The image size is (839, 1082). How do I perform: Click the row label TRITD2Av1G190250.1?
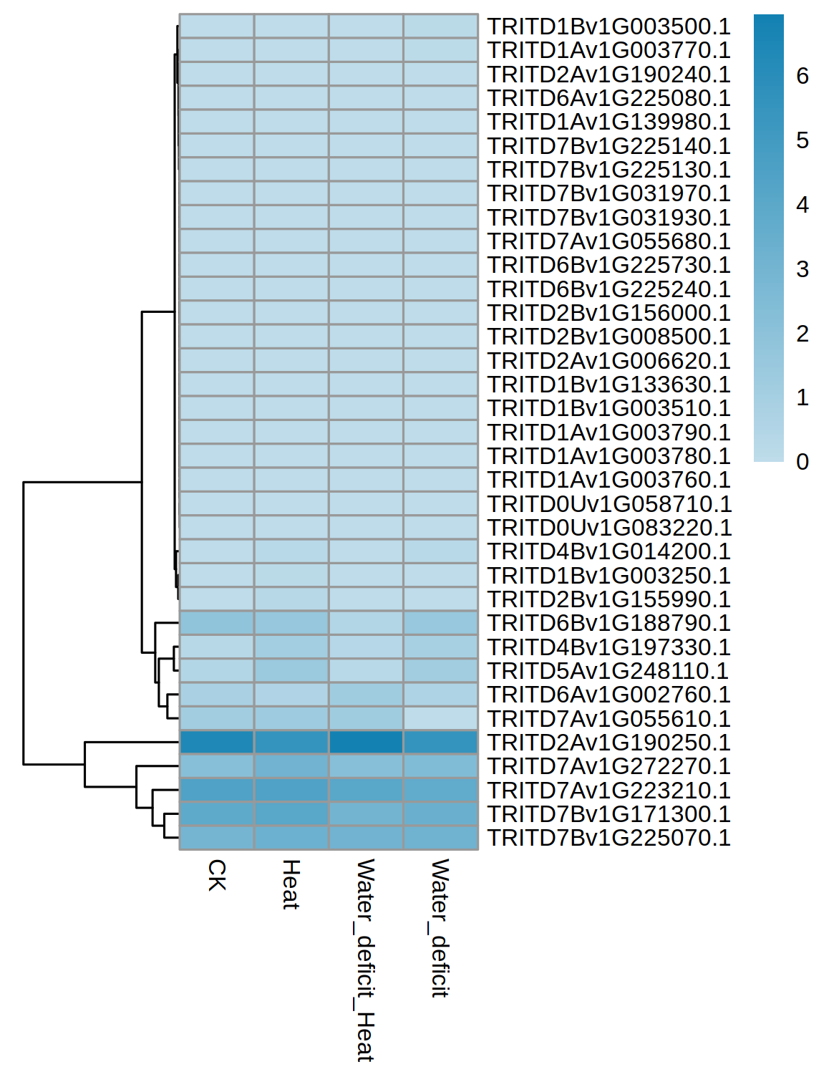coord(608,743)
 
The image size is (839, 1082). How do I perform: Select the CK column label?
coord(217,875)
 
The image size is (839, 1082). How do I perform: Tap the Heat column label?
coord(291,884)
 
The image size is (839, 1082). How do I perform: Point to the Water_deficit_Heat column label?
coord(365,960)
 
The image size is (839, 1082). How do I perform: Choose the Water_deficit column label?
coord(440,928)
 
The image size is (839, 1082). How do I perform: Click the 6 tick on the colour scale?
coord(802,76)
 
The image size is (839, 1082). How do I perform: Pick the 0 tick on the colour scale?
coord(802,462)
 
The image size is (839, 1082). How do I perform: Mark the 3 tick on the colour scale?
coord(802,269)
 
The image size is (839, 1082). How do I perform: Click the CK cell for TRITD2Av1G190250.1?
coord(217,743)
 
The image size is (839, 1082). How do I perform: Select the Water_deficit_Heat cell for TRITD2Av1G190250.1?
coord(366,743)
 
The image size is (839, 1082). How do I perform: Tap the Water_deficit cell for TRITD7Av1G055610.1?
coord(440,718)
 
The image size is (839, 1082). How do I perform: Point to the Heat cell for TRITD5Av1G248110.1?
coord(291,671)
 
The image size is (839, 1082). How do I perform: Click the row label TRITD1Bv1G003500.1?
coord(608,26)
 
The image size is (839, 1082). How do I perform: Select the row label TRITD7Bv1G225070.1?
coord(608,838)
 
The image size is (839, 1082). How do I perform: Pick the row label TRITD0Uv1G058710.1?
coord(609,504)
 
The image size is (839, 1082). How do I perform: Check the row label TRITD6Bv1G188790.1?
coord(608,623)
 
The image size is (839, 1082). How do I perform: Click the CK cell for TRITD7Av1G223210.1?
coord(217,790)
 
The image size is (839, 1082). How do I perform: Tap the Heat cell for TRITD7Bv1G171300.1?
coord(291,814)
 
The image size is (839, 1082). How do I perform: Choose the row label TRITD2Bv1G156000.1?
coord(608,313)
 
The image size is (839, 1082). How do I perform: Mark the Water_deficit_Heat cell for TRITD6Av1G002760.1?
coord(366,695)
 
